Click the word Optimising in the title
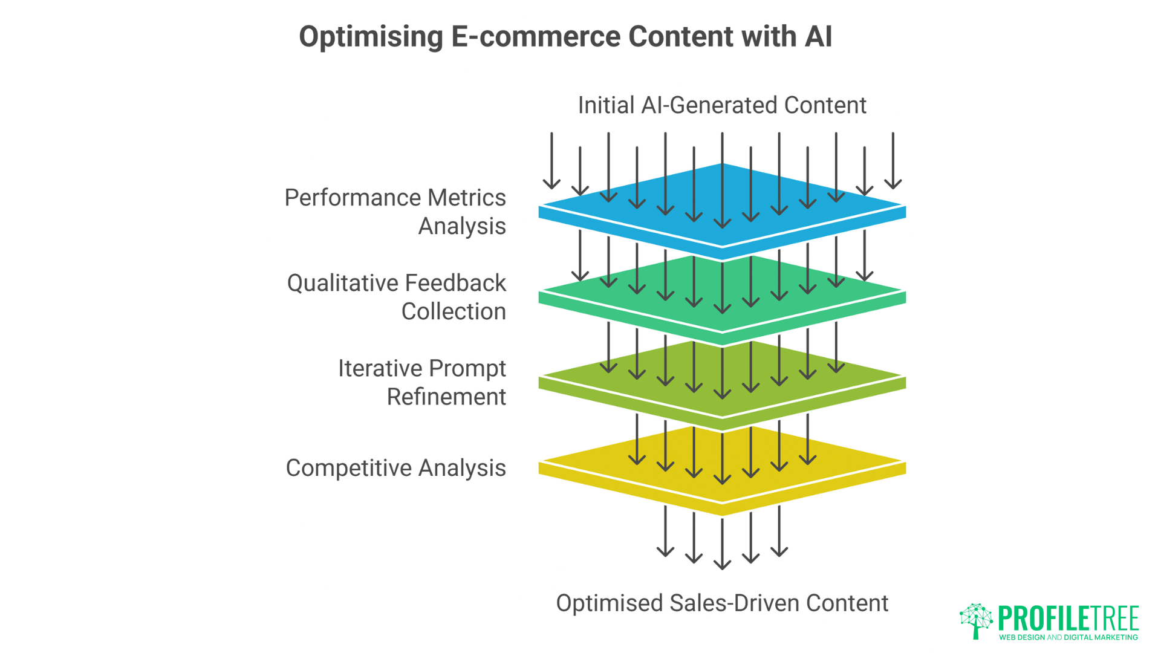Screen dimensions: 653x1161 [371, 37]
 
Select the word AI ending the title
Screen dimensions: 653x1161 [818, 36]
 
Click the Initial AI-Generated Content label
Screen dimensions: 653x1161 [722, 105]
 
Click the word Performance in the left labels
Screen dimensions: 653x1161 [353, 198]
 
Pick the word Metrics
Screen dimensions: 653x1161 [467, 198]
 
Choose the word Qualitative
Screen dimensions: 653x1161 [343, 283]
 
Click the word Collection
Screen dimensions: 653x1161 [454, 311]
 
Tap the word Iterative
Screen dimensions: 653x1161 [380, 368]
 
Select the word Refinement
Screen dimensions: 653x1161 [446, 397]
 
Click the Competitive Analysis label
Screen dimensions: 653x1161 [395, 468]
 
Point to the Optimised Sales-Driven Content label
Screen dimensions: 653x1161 [722, 603]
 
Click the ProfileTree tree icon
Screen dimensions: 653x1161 [975, 620]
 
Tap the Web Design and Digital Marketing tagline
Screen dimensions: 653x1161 [1068, 637]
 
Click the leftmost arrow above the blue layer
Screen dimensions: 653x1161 [551, 161]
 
